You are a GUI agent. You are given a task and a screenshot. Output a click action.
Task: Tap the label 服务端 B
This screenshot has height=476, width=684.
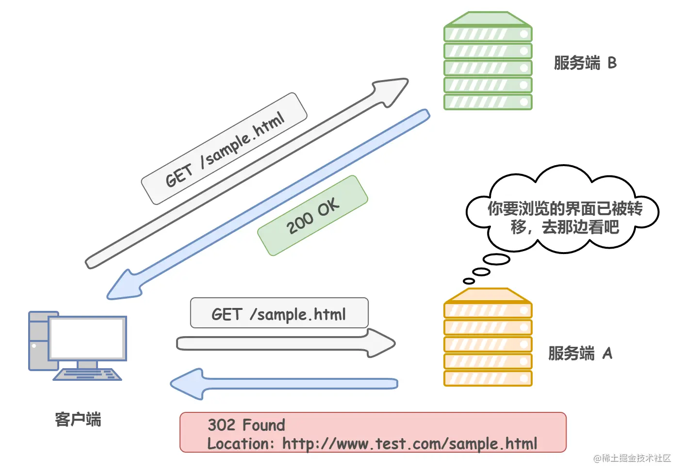(x=585, y=63)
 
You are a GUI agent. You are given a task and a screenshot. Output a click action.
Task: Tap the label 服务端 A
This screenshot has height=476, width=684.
(x=580, y=353)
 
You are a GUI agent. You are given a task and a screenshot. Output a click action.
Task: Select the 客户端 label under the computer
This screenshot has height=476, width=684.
(x=78, y=419)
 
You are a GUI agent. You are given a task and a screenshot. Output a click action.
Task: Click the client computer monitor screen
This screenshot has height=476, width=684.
(x=87, y=338)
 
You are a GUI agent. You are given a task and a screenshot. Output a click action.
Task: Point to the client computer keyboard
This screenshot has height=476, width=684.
(x=87, y=374)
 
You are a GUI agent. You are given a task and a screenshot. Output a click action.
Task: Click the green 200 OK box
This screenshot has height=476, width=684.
(x=312, y=215)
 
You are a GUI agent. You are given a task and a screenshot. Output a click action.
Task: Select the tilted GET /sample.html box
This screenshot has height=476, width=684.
(x=224, y=148)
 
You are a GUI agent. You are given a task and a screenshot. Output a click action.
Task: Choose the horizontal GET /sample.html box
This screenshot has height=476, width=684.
(x=279, y=313)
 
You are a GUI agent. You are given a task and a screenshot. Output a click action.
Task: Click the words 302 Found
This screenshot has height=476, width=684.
(x=246, y=425)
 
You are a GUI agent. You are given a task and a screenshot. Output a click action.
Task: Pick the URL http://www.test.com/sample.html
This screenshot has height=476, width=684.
(x=409, y=443)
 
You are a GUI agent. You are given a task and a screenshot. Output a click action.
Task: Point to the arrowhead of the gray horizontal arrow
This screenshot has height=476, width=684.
(x=381, y=343)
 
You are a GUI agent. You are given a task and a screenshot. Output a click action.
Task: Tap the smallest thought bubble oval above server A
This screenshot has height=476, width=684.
(x=469, y=281)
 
